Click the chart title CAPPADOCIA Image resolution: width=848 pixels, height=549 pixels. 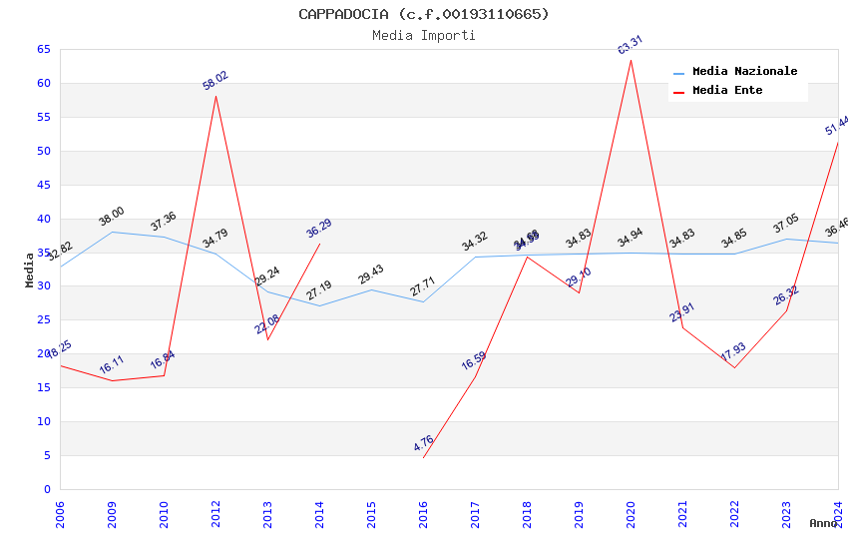(423, 14)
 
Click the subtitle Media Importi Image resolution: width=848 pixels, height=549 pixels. (423, 36)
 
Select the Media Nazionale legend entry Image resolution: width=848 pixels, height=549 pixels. (744, 72)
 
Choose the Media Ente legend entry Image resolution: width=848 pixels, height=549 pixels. (727, 91)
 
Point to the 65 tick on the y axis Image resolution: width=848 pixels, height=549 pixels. (43, 49)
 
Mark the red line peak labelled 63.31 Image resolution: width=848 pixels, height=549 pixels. (631, 60)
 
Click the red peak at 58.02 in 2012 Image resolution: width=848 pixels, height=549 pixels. (215, 96)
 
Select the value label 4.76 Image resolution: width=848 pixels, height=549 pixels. (423, 443)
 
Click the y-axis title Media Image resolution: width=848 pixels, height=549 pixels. (30, 270)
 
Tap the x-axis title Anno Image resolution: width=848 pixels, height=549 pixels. (823, 523)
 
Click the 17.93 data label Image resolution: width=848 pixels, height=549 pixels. (733, 352)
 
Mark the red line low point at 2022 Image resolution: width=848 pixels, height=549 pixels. (734, 367)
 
